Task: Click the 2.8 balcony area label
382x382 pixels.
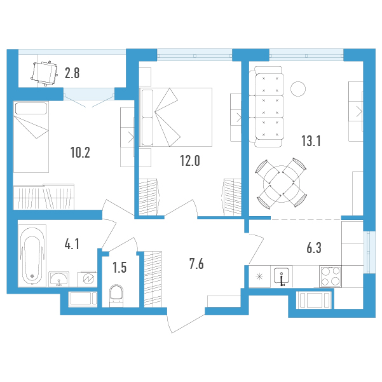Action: tap(72, 73)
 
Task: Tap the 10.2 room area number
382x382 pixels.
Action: tap(80, 153)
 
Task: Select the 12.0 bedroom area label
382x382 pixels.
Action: tap(190, 161)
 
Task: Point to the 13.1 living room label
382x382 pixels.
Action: tap(311, 141)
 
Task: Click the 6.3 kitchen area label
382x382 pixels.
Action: tap(314, 248)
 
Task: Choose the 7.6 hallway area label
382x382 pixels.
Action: tap(196, 264)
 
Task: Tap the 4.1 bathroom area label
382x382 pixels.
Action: tap(72, 244)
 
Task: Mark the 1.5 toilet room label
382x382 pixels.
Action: tap(119, 267)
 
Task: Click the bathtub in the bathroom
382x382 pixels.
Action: tap(32, 256)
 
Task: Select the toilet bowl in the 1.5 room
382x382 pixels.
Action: tap(116, 296)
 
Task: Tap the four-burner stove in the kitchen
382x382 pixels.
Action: tap(331, 276)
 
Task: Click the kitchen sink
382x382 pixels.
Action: tap(282, 276)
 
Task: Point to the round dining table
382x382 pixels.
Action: tap(282, 184)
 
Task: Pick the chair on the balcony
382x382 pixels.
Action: tap(44, 73)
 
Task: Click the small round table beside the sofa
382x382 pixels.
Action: tap(298, 89)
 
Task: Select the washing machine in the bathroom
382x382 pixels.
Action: tap(87, 279)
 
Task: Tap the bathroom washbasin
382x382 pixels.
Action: tap(58, 279)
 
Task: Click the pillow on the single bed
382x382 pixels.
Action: tap(31, 108)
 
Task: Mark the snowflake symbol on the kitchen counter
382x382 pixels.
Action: tap(259, 276)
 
